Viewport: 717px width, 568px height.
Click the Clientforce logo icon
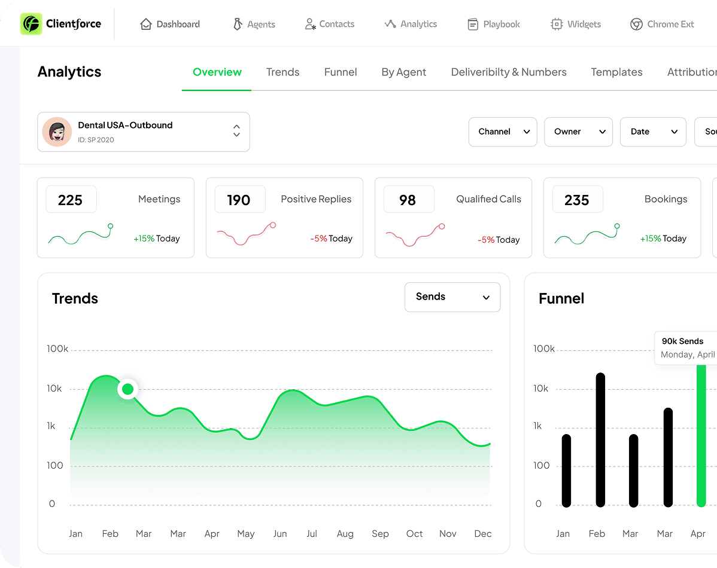[31, 24]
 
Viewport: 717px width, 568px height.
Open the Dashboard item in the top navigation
[170, 25]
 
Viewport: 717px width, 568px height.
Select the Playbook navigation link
[494, 25]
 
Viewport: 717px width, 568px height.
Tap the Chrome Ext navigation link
[663, 25]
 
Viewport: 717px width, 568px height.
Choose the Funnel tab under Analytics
[341, 72]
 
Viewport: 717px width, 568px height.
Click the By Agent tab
[404, 72]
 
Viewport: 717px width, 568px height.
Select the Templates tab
[616, 72]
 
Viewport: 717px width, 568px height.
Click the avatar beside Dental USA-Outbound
[57, 132]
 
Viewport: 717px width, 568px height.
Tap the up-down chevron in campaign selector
[236, 131]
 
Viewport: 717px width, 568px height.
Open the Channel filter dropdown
[503, 132]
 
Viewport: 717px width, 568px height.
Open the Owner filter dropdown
[578, 132]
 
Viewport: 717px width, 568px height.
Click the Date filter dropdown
[653, 132]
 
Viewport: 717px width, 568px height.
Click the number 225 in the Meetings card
[71, 200]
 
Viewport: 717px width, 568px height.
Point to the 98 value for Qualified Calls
[408, 200]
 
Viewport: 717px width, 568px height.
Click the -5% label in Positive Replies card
[318, 239]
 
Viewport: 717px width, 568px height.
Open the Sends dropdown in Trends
[452, 297]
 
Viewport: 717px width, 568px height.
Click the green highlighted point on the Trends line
[127, 390]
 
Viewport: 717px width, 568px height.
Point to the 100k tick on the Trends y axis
[58, 349]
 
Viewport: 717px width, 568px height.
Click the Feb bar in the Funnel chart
[600, 439]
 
